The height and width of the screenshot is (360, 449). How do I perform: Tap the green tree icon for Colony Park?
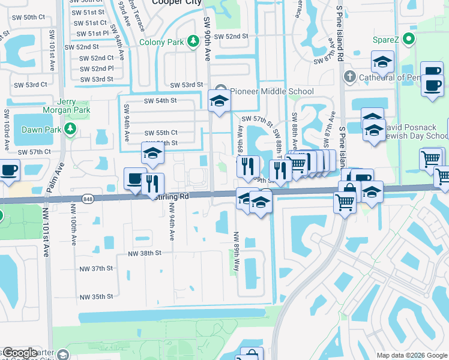pyautogui.click(x=193, y=41)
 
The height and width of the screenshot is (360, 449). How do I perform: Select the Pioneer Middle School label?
pyautogui.click(x=272, y=92)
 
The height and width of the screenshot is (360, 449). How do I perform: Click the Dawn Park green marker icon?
pyautogui.click(x=70, y=128)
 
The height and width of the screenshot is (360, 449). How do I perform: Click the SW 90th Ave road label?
pyautogui.click(x=208, y=40)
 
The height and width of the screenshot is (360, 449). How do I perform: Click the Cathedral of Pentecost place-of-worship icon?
pyautogui.click(x=350, y=77)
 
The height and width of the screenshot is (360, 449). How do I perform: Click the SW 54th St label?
pyautogui.click(x=160, y=101)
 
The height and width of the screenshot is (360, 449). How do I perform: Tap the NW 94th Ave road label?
pyautogui.click(x=172, y=222)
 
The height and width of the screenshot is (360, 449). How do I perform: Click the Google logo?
pyautogui.click(x=19, y=353)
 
